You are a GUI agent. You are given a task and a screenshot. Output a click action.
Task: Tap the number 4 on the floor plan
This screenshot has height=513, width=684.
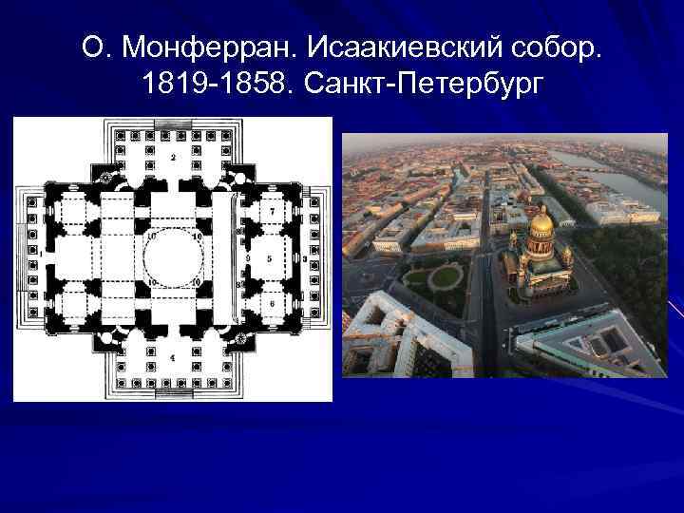172,358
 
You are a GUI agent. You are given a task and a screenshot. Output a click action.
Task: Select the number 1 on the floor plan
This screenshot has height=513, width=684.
40,255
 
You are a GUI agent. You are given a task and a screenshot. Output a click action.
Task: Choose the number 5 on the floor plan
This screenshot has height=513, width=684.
270,257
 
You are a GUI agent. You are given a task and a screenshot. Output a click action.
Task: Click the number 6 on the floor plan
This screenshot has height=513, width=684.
272,303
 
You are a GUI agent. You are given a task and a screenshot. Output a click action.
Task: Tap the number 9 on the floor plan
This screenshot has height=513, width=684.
247,257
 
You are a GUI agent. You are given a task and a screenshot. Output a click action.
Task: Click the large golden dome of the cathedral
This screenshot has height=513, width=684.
541,225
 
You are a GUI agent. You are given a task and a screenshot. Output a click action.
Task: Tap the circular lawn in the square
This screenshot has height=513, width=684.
445,277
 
